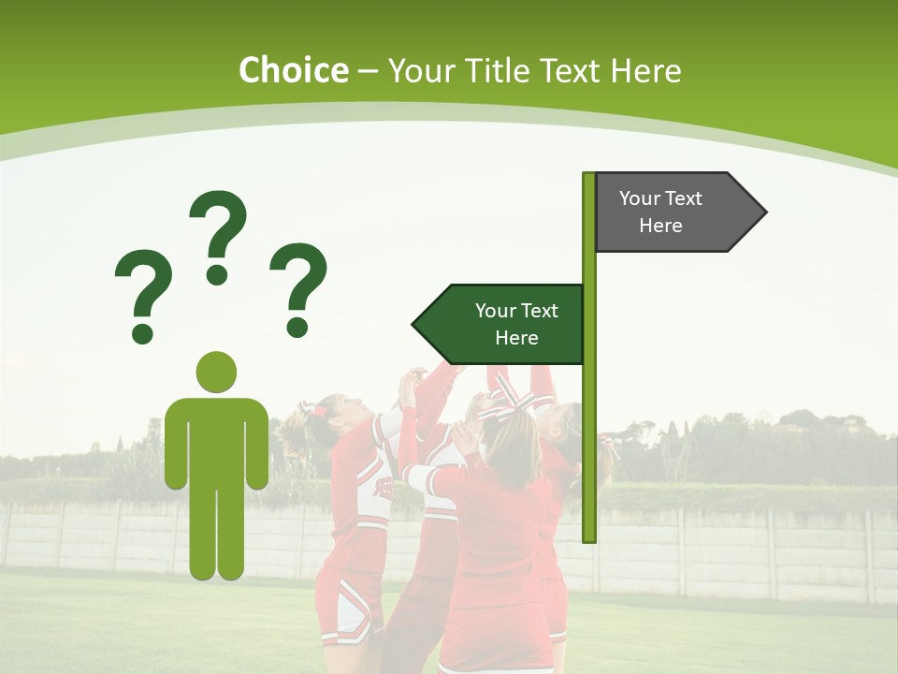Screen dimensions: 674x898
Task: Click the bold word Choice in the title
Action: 293,70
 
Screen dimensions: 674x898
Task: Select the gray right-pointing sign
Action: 673,212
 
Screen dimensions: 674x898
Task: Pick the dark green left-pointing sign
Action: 505,324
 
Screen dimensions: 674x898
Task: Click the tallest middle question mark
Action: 218,229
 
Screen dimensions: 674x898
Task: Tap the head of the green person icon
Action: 216,372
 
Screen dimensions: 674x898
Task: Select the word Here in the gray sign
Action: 660,226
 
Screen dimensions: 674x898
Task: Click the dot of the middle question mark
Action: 217,274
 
